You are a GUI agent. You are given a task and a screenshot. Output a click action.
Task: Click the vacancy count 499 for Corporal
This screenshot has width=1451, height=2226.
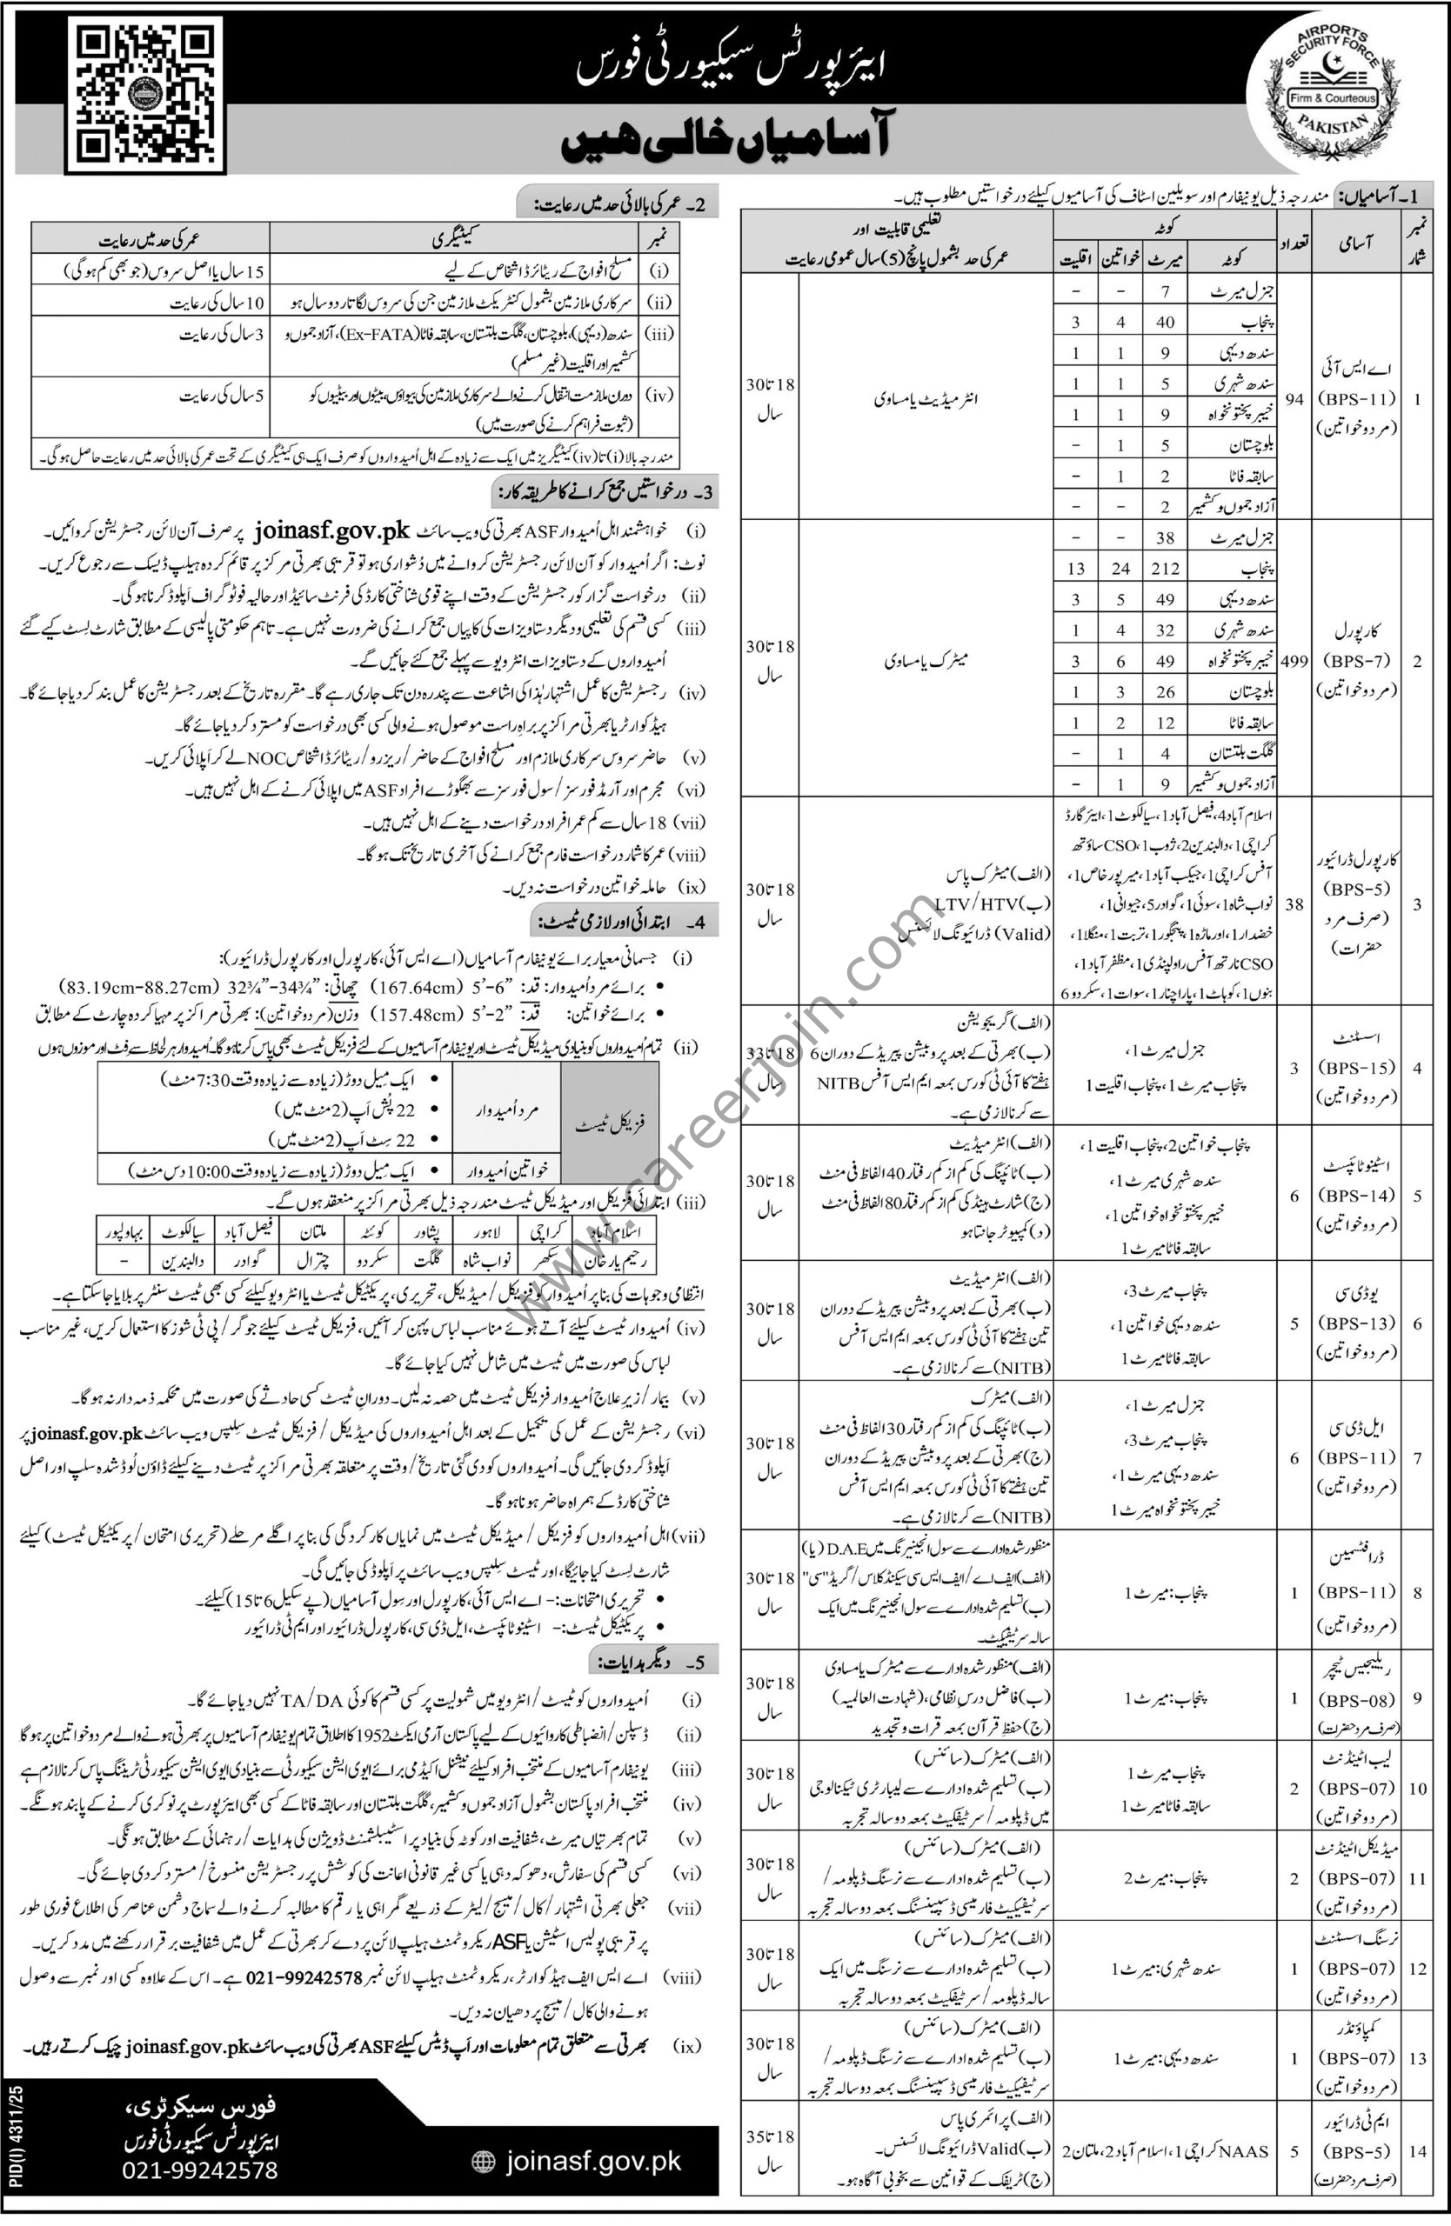(1294, 660)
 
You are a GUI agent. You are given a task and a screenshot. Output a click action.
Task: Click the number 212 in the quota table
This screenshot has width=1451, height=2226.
(1166, 569)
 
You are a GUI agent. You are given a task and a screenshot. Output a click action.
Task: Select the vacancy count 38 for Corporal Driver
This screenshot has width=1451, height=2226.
(1294, 904)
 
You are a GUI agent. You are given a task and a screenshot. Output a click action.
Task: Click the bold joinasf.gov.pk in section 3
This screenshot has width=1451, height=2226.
(331, 530)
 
